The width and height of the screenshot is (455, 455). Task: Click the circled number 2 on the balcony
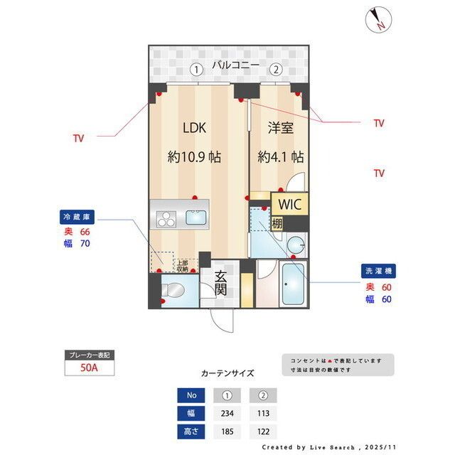[274, 69]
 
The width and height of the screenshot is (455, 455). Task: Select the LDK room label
[194, 129]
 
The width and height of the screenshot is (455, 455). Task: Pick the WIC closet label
[291, 204]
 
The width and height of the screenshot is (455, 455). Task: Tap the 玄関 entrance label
[221, 283]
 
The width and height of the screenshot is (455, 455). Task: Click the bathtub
[293, 284]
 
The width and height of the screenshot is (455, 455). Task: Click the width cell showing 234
[228, 413]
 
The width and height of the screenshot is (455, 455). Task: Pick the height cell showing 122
[263, 431]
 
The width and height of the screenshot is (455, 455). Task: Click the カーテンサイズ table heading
[227, 373]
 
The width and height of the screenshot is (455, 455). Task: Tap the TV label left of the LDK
[78, 139]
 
